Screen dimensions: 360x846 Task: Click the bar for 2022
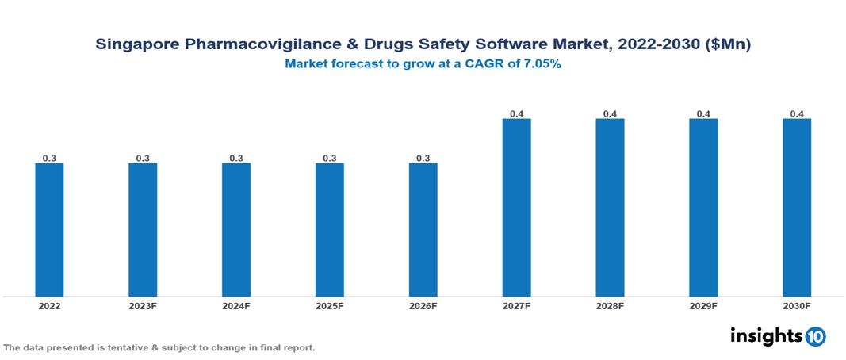(49, 230)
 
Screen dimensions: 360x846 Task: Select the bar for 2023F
(143, 230)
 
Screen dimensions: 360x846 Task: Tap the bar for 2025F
(330, 230)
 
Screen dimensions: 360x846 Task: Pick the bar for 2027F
(516, 208)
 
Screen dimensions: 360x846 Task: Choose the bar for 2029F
(703, 208)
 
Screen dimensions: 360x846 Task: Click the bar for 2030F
(797, 208)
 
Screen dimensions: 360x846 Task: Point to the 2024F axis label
(236, 305)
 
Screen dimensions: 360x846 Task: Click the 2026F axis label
(423, 305)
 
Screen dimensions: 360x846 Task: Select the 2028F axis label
(610, 305)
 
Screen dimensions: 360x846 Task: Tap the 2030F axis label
(797, 305)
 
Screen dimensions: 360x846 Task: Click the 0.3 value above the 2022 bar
(49, 159)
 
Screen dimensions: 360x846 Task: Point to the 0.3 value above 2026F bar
(423, 159)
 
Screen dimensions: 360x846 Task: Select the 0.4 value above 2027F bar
(516, 114)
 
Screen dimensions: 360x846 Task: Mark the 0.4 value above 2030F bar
(797, 114)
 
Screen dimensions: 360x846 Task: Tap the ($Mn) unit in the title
(726, 45)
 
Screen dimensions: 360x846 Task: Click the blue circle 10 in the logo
(816, 336)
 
